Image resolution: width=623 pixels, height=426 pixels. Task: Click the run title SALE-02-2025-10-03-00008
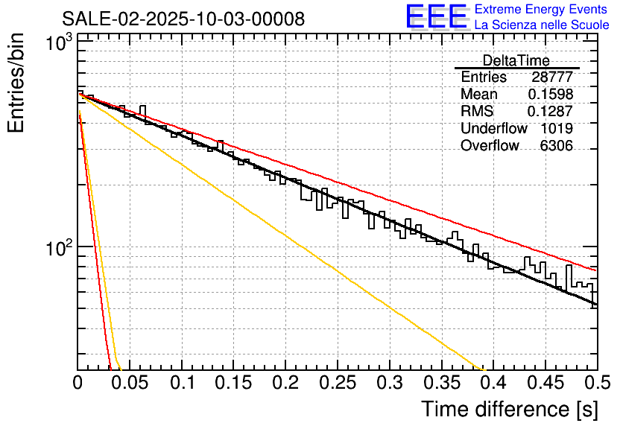(183, 19)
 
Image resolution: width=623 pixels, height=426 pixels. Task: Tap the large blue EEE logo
(436, 16)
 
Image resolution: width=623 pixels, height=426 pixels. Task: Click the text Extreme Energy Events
(541, 10)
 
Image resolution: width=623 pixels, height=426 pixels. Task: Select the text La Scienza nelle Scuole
(542, 25)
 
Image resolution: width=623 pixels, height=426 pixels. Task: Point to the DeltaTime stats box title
(516, 60)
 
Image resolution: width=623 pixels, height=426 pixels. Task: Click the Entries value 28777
(552, 77)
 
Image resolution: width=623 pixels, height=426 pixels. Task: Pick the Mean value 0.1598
(550, 95)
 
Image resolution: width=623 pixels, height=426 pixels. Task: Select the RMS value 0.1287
(550, 112)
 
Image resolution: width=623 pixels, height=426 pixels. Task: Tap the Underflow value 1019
(557, 129)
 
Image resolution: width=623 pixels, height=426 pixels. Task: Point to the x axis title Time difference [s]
(509, 409)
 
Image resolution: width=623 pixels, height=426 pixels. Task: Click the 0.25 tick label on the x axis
(338, 384)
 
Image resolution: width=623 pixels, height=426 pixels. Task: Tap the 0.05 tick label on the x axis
(130, 384)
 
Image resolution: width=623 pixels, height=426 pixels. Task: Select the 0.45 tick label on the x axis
(545, 384)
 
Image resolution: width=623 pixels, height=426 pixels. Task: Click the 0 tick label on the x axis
(78, 384)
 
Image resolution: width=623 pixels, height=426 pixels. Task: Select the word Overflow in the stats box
(490, 146)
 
